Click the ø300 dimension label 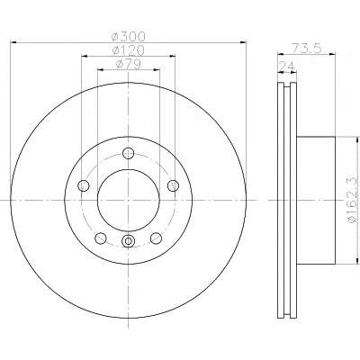coord(128,37)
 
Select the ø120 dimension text coord(128,50)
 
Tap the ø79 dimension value coord(128,64)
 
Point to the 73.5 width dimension coord(306,48)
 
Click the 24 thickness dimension coord(287,66)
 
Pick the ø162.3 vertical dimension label coord(353,200)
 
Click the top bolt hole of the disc coord(129,153)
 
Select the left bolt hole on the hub coord(84,185)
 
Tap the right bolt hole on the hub coord(173,185)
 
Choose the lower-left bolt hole coord(101,238)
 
